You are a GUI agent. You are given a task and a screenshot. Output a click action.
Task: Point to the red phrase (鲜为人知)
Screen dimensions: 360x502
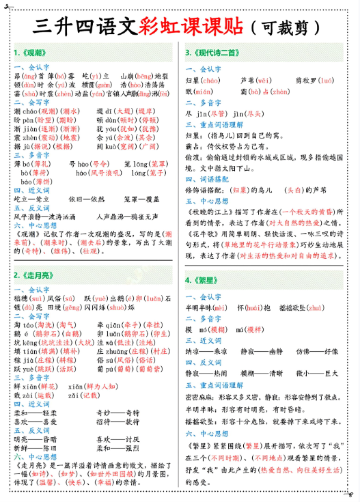pyautogui.click(x=101, y=386)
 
